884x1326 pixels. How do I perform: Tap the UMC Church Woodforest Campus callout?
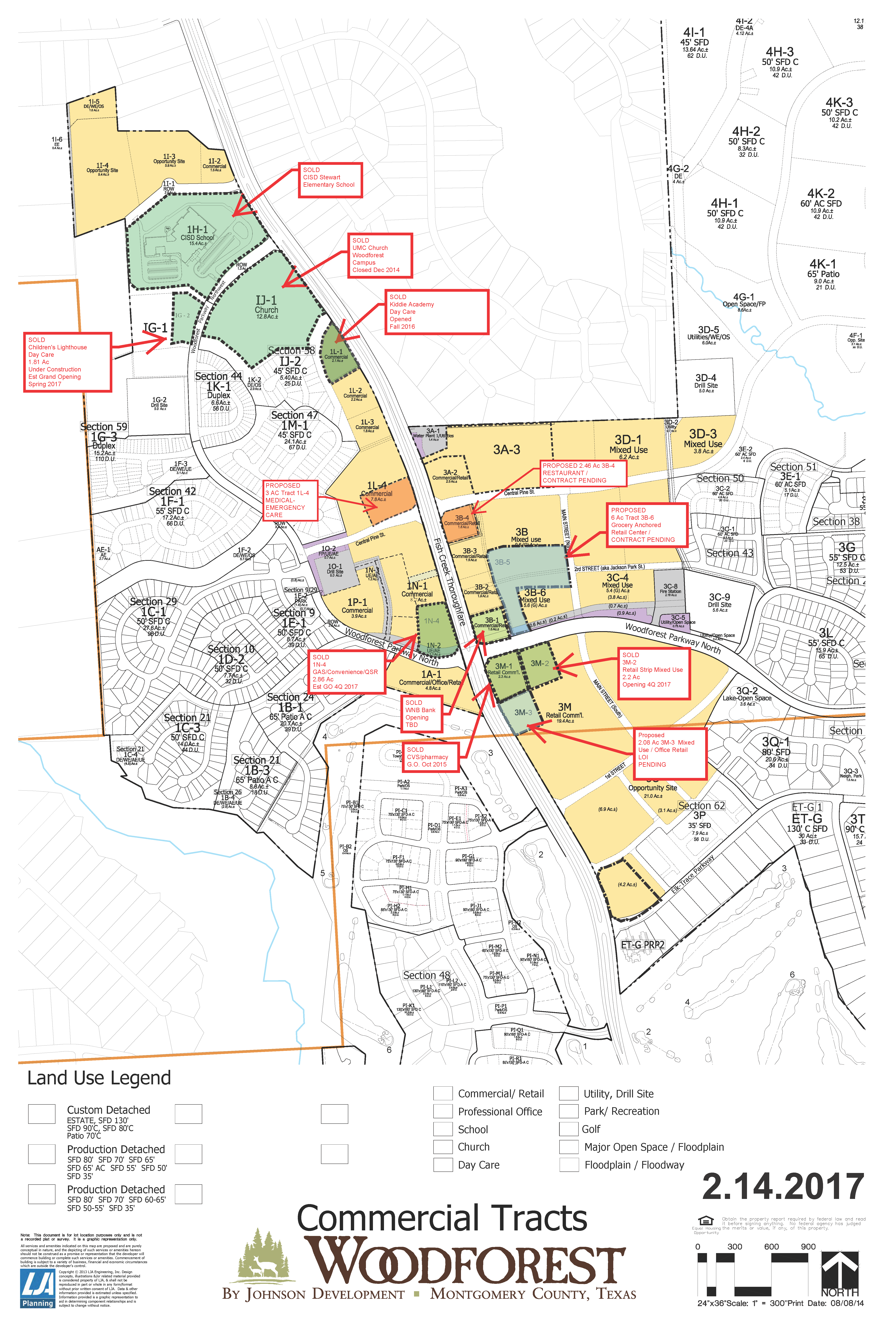[x=379, y=255]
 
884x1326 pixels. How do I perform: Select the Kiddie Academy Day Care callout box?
[x=436, y=312]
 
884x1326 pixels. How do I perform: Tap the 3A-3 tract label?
[x=506, y=449]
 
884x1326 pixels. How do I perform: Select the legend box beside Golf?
[x=568, y=1129]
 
